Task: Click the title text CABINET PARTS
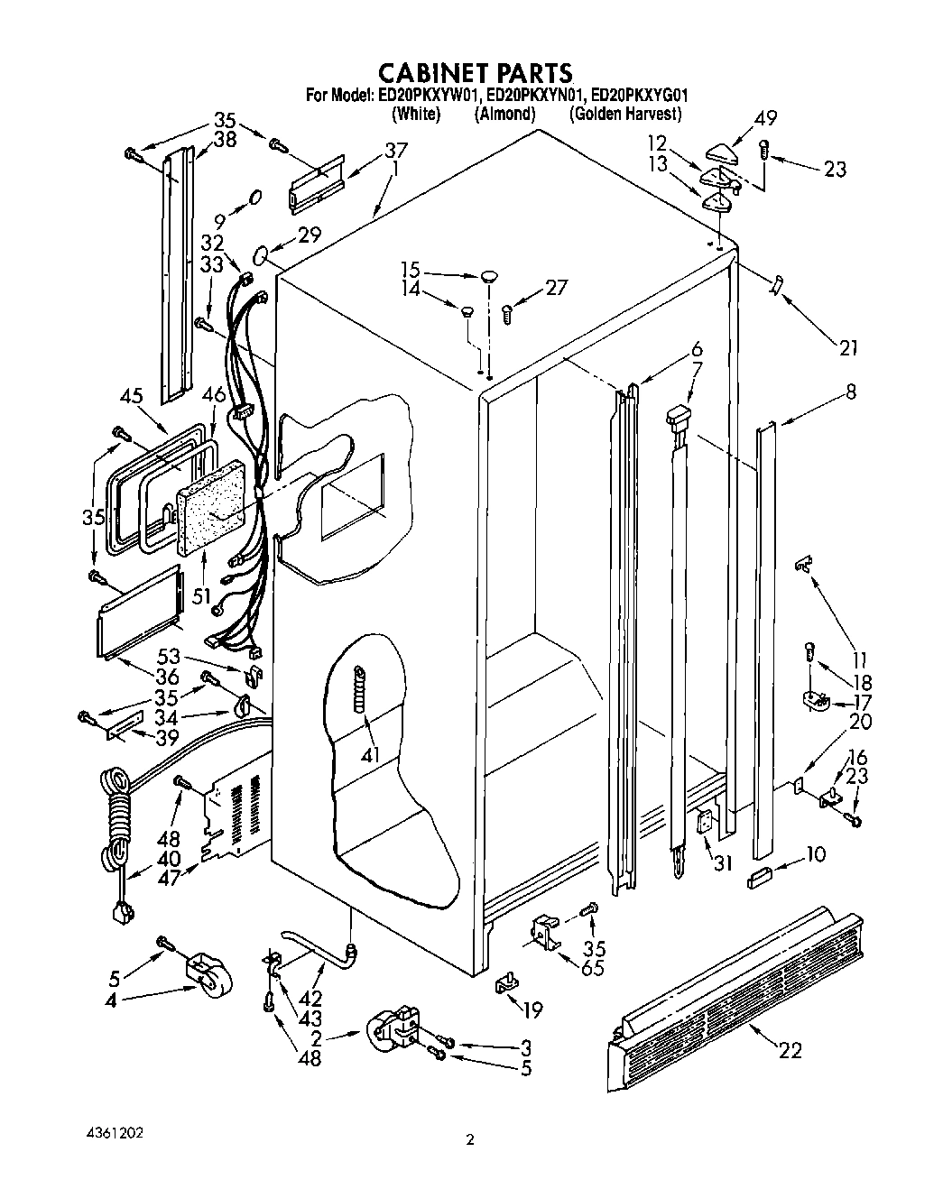point(473,72)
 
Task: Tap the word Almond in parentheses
point(504,114)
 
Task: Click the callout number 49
point(765,117)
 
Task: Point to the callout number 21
point(847,348)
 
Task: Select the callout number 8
point(850,392)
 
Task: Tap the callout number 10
point(814,853)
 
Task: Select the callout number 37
point(395,150)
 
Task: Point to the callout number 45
point(133,396)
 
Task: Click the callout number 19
point(532,1011)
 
